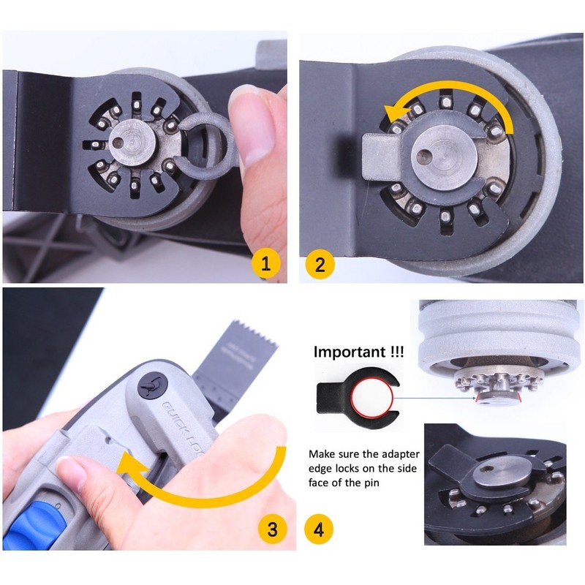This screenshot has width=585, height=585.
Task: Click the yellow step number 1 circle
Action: click(265, 264)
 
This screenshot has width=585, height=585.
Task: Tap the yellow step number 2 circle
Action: click(320, 264)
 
